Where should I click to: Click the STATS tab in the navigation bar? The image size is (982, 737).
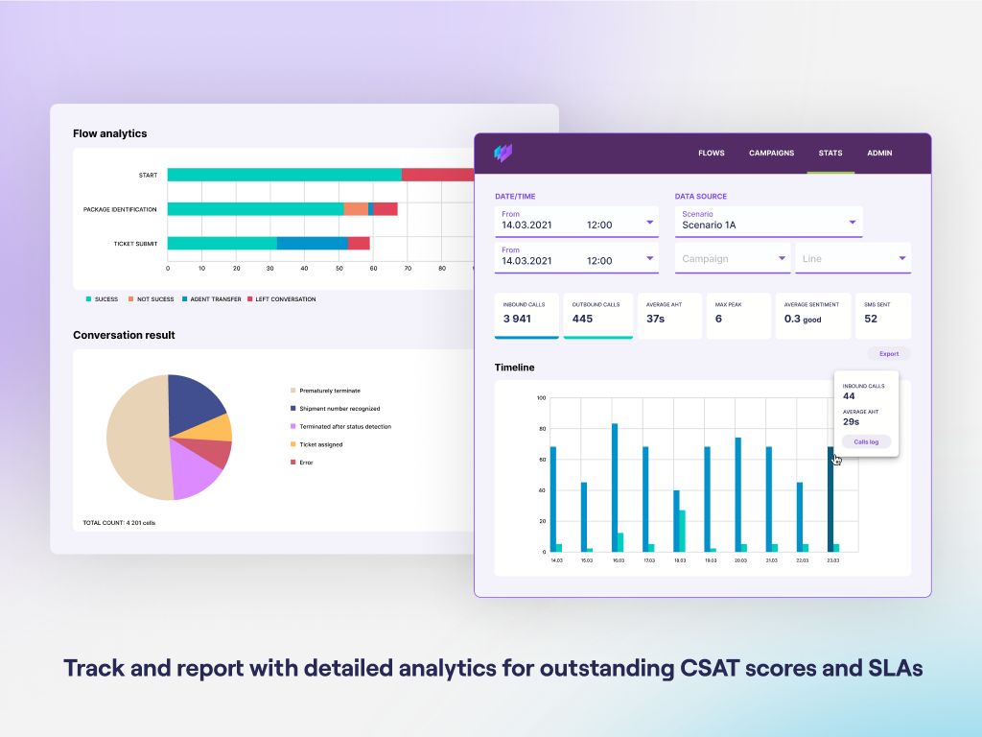click(830, 153)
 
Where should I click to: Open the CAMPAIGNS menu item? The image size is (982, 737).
click(771, 153)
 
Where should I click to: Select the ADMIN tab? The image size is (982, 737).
click(879, 153)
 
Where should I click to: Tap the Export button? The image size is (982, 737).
click(889, 353)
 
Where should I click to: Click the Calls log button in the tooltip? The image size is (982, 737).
click(866, 441)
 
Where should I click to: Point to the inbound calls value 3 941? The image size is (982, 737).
click(517, 319)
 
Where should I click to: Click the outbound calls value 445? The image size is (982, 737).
click(582, 319)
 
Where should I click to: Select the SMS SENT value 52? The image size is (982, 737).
click(871, 319)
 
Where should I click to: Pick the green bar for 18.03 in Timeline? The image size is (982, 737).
click(682, 531)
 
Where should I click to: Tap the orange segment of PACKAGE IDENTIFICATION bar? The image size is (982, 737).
click(356, 209)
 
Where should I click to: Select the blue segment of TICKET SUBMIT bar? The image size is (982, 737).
click(313, 243)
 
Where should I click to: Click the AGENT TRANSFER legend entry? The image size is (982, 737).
click(213, 299)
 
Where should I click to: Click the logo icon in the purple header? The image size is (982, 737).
click(503, 153)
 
